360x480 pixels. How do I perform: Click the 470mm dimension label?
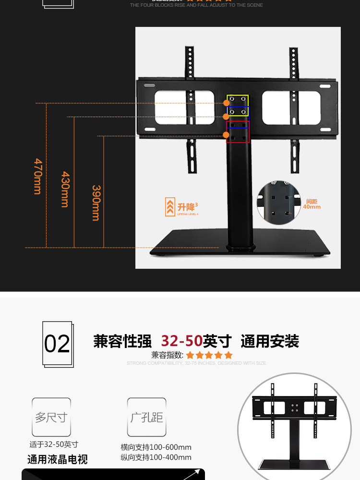coord(37,176)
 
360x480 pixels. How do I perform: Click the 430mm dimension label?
coord(65,189)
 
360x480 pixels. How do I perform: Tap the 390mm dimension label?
coord(96,203)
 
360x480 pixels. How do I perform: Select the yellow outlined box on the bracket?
coord(238,100)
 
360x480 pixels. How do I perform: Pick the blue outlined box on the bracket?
coord(238,113)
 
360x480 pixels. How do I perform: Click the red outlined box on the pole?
coord(238,132)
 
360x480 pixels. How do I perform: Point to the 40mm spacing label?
coord(312,204)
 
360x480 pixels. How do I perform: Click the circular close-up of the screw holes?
coord(280,204)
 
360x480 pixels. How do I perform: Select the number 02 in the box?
coord(57,344)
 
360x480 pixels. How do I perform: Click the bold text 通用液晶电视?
coord(57,459)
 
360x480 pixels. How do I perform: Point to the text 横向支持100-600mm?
coord(156,447)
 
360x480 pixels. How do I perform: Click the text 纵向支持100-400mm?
coord(156,457)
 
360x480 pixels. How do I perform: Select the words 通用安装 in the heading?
coord(270,341)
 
